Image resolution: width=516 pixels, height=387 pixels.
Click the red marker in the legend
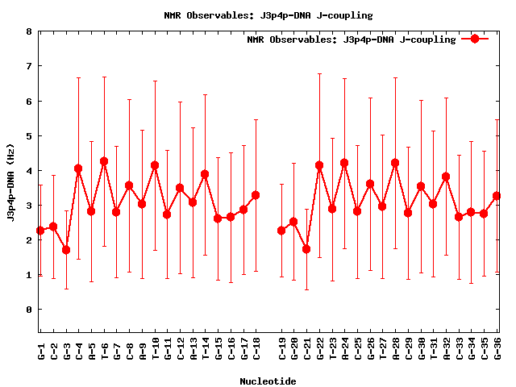(x=475, y=39)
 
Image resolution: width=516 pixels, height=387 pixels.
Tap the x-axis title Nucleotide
(x=268, y=381)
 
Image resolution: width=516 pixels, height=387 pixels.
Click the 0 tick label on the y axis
(x=29, y=310)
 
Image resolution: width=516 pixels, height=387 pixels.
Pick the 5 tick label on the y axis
(x=29, y=136)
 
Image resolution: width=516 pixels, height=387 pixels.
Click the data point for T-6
(x=104, y=161)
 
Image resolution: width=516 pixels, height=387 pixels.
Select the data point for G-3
(x=66, y=250)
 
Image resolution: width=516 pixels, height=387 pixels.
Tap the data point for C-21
(x=306, y=249)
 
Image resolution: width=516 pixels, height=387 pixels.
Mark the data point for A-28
(x=395, y=163)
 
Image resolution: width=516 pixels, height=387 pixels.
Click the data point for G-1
(x=40, y=231)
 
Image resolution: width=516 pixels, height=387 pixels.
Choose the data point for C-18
(x=256, y=195)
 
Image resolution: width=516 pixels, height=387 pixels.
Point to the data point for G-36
(x=497, y=196)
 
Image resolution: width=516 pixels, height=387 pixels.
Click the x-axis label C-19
(x=282, y=351)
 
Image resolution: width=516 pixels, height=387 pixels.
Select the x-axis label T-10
(x=155, y=351)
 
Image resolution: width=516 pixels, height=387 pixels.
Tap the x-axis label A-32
(x=446, y=351)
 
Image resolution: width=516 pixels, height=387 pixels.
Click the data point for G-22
(x=319, y=165)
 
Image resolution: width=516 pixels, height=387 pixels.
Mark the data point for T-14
(x=205, y=174)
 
